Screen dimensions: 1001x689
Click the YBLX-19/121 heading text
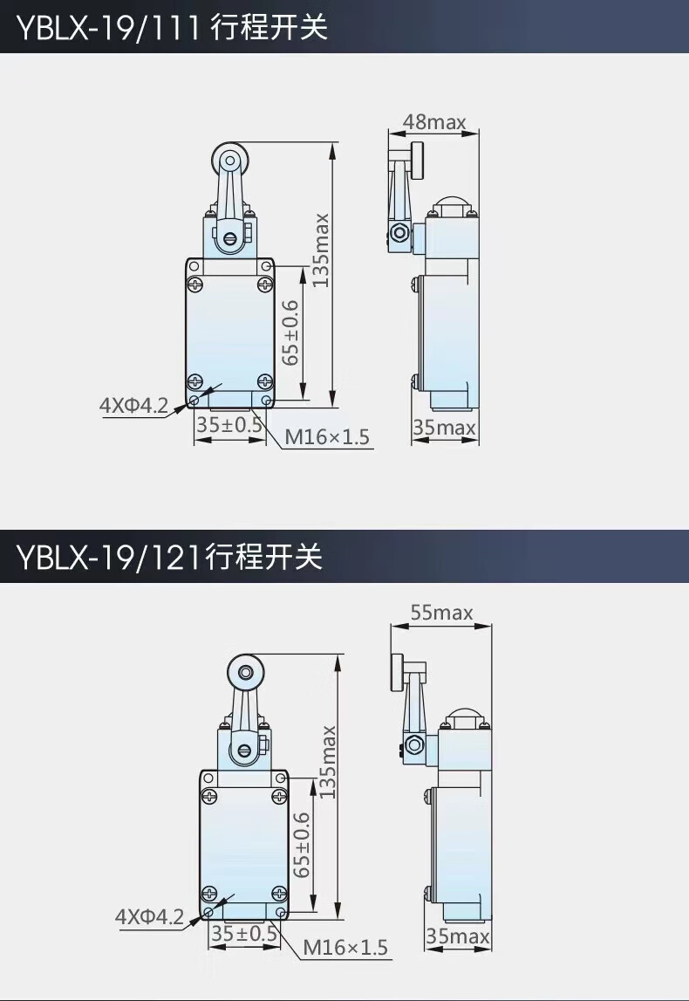(x=169, y=556)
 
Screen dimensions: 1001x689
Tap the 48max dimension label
(x=433, y=122)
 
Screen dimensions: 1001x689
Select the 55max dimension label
(x=441, y=613)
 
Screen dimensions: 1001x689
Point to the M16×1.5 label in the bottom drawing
(x=344, y=947)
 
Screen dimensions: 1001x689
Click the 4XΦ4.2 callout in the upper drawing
(x=133, y=406)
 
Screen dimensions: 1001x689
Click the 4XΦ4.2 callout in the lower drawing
(x=149, y=917)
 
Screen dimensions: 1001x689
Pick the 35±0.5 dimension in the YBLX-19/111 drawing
(x=229, y=425)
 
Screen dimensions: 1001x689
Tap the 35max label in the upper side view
(x=445, y=427)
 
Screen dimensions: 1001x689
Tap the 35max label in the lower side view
(x=458, y=938)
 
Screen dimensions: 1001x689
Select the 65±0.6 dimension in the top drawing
(x=290, y=333)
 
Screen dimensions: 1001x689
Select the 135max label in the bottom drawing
(x=327, y=762)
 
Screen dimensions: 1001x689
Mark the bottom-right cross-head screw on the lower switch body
(x=279, y=892)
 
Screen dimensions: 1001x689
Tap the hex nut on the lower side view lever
(x=412, y=744)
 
